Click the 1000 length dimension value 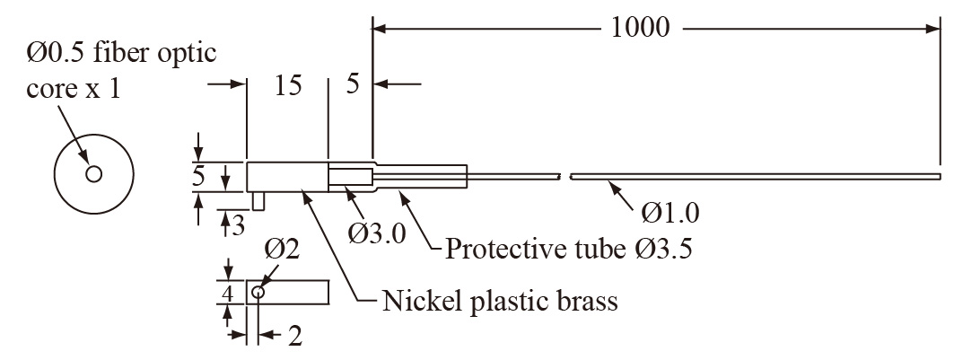(x=640, y=28)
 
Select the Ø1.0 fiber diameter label (x=670, y=213)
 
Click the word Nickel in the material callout (x=417, y=300)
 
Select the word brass (x=583, y=300)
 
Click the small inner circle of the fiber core (x=93, y=174)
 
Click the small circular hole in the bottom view (x=258, y=292)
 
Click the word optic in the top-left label (x=184, y=54)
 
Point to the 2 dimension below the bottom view (x=294, y=337)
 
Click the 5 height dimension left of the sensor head (x=198, y=176)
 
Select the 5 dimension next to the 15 (x=352, y=85)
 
